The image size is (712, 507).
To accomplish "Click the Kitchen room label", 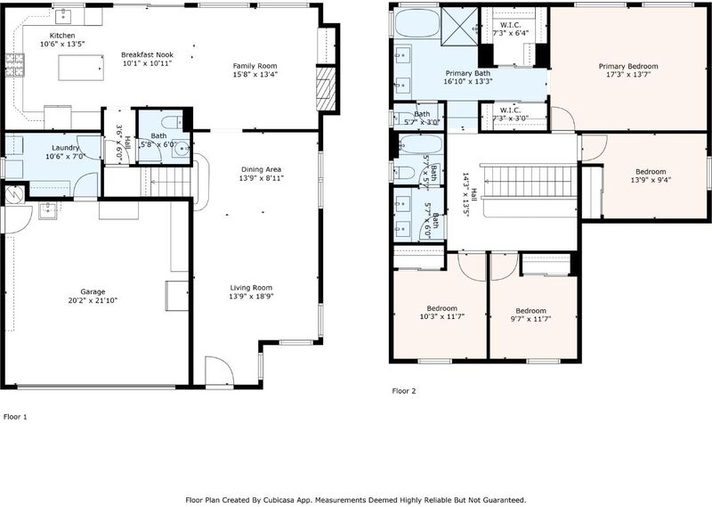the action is pos(62,36).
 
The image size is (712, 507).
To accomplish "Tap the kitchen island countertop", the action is pos(81,68).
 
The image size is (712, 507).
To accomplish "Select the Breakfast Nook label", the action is pos(147,54).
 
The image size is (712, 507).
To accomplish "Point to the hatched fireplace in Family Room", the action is pos(326,89).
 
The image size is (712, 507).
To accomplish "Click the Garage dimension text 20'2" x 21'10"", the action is pos(93,300).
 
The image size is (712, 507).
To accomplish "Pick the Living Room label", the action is pos(251,288).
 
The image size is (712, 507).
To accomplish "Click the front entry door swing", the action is pos(219,370).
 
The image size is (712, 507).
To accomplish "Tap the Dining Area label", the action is pos(261,169).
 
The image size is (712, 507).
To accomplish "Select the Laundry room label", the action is pos(65,148).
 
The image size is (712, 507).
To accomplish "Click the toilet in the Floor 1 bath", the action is pos(172,122).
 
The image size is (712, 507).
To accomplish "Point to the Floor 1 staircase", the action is pos(167,182).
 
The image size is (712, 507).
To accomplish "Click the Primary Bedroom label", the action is pos(628,67).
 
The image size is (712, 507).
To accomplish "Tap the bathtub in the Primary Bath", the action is pos(417,23).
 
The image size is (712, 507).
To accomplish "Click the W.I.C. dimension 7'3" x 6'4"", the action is pos(510,33).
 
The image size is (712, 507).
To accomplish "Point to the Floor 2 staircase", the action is pos(529,181).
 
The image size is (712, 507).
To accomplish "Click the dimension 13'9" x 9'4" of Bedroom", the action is pos(651,180).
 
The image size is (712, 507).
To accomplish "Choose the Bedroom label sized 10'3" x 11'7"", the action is pos(441,307).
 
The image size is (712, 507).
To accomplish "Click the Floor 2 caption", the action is pos(404,390).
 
